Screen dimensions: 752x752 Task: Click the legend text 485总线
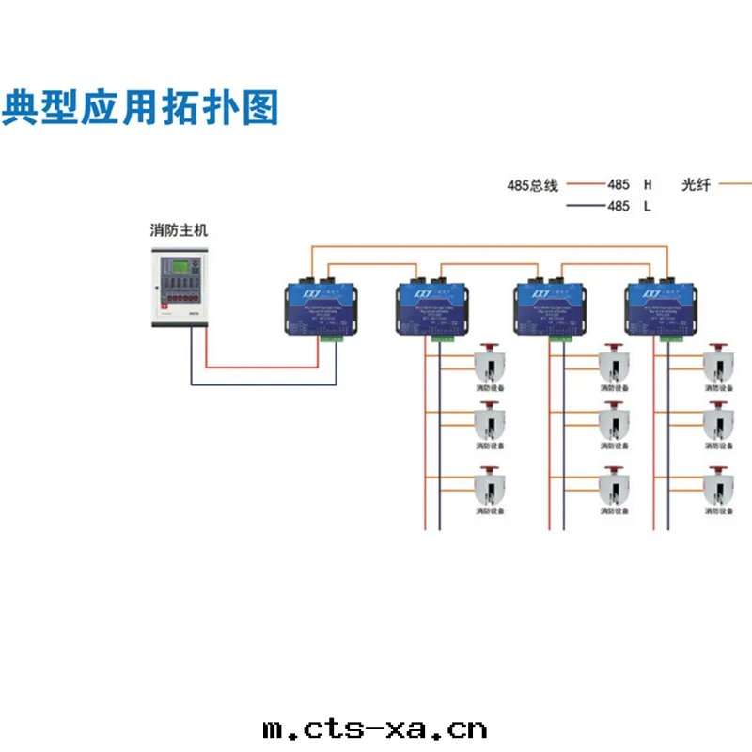coord(532,186)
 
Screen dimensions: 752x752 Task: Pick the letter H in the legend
coord(647,186)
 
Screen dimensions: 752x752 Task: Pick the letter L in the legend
coord(647,207)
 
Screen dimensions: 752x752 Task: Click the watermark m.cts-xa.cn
coord(375,729)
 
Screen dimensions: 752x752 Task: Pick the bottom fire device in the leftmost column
coord(489,486)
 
